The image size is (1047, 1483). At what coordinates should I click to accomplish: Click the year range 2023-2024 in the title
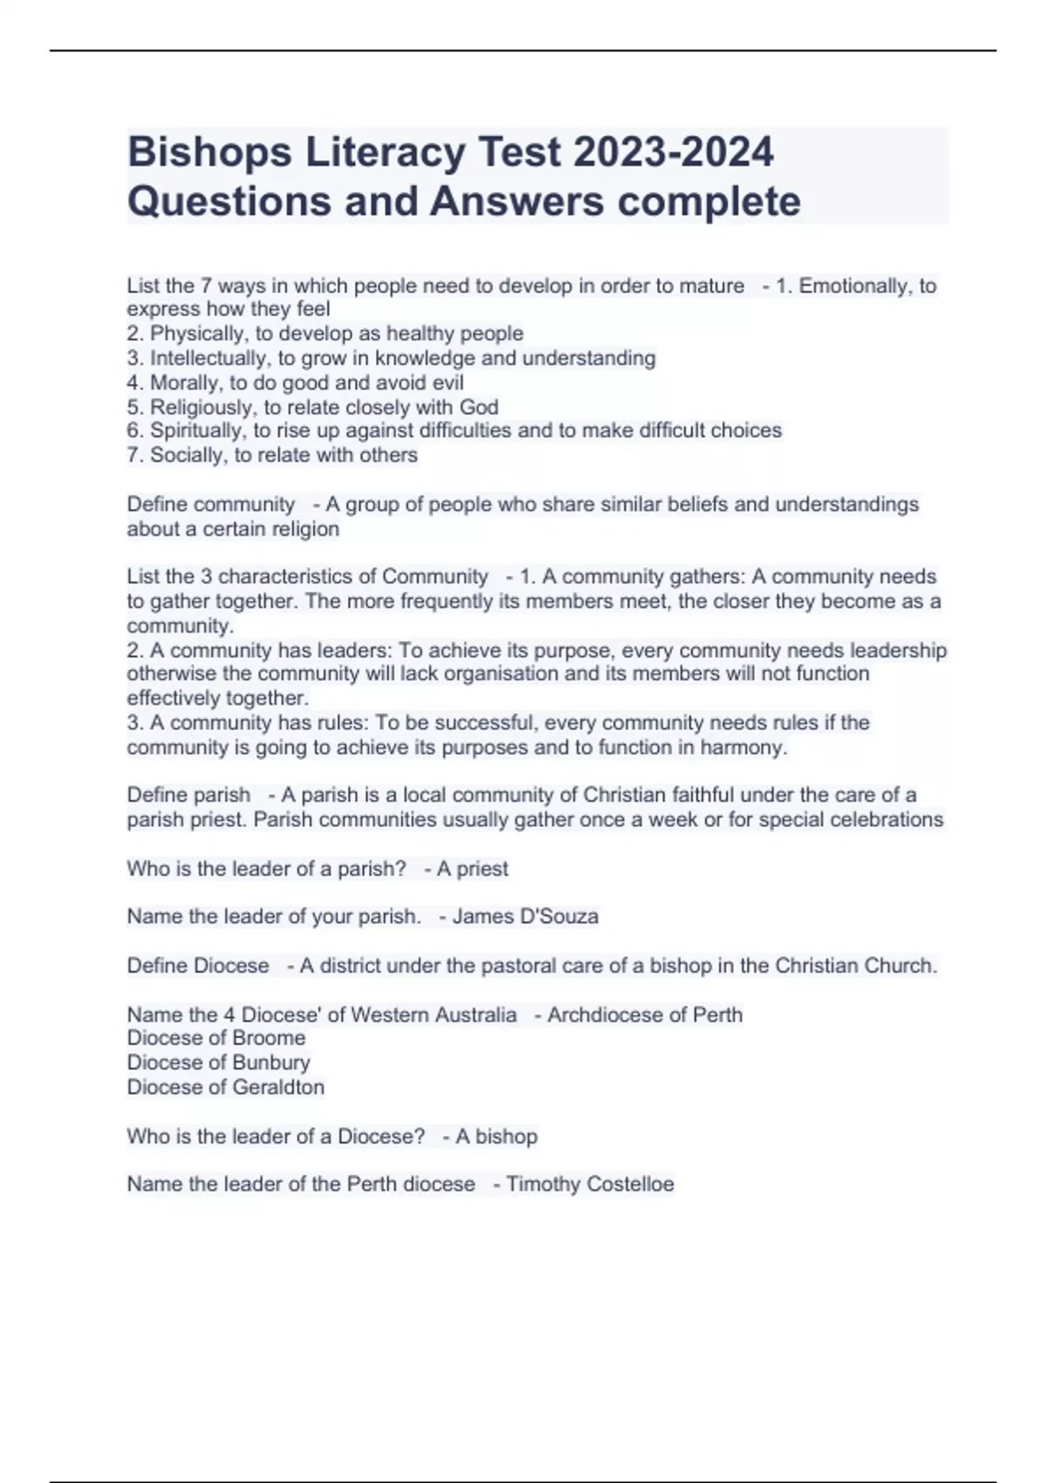tap(674, 152)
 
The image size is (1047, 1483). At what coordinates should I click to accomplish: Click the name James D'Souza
tap(525, 917)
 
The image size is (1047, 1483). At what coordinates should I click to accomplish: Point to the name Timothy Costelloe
tap(590, 1185)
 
